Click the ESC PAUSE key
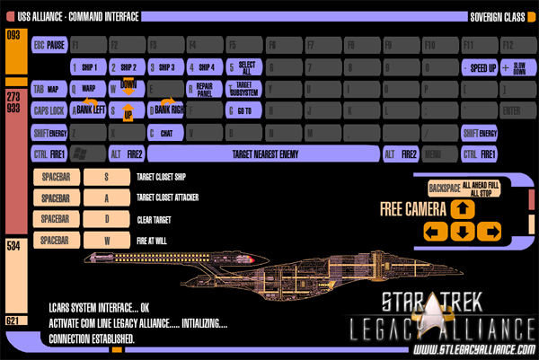point(49,44)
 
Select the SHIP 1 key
point(88,67)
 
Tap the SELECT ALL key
point(244,67)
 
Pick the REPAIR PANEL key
point(203,89)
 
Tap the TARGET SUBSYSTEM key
point(243,89)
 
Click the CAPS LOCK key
point(49,110)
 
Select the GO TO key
point(243,110)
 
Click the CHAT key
point(164,133)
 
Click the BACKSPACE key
point(464,189)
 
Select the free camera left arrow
point(435,233)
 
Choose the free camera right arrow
point(490,233)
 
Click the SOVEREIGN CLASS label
point(498,16)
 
